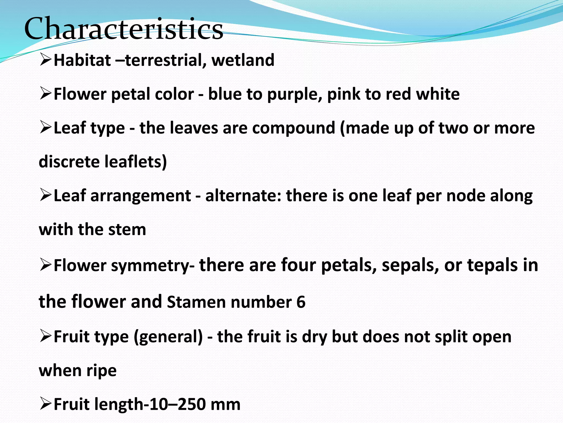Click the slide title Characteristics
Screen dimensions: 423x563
click(x=124, y=29)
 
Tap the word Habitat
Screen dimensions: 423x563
click(x=82, y=60)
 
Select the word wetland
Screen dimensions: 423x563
click(x=243, y=60)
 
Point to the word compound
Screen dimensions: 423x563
click(x=294, y=128)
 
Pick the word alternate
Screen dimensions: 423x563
click(x=243, y=196)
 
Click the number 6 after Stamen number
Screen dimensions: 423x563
click(x=301, y=302)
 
